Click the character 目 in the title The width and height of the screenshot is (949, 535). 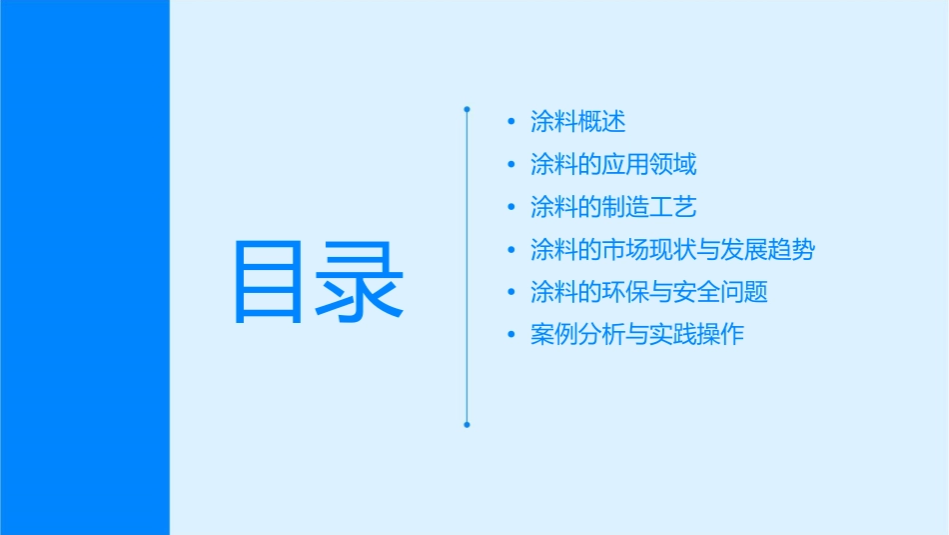coord(268,281)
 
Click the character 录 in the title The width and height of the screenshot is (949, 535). coord(361,281)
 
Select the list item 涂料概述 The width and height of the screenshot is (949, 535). coord(578,122)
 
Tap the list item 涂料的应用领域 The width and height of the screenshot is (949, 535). coord(613,165)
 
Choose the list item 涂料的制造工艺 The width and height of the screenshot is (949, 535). coord(613,207)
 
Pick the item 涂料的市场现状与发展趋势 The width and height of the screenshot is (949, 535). coord(672,250)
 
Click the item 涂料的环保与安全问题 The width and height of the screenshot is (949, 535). coord(649,292)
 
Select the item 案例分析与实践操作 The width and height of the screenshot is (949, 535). coord(637,335)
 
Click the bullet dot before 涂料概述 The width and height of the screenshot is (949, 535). coord(511,122)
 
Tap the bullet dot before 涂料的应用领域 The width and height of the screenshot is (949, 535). coord(511,165)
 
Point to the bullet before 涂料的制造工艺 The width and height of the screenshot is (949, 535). coord(511,208)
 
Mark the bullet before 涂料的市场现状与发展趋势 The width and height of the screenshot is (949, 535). coord(511,250)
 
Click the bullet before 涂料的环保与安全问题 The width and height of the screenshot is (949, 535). coord(511,293)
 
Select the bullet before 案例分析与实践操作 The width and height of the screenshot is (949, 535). coord(511,335)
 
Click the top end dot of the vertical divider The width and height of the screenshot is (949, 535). coord(467,108)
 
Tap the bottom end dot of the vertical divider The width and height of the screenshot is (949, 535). coord(467,425)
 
